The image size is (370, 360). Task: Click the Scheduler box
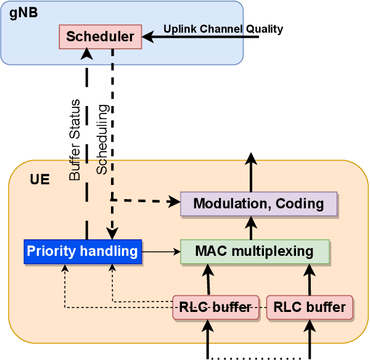pos(100,36)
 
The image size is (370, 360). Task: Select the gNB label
pos(23,13)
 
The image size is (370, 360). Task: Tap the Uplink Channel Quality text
pos(223,29)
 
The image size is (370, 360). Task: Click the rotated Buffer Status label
pos(75,140)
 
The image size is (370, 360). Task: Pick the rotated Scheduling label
pos(102,139)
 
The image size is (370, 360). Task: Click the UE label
pos(39,180)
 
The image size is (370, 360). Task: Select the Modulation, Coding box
pos(258,204)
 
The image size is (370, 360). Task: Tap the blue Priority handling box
pos(83,251)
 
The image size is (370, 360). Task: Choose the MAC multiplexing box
pos(254,252)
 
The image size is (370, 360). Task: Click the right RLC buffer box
pos(310,307)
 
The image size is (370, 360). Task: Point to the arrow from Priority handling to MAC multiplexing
pos(161,252)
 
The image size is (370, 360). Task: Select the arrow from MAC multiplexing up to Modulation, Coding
pos(251,228)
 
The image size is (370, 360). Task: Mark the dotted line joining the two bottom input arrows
pos(259,357)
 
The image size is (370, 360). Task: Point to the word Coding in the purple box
pos(300,204)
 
